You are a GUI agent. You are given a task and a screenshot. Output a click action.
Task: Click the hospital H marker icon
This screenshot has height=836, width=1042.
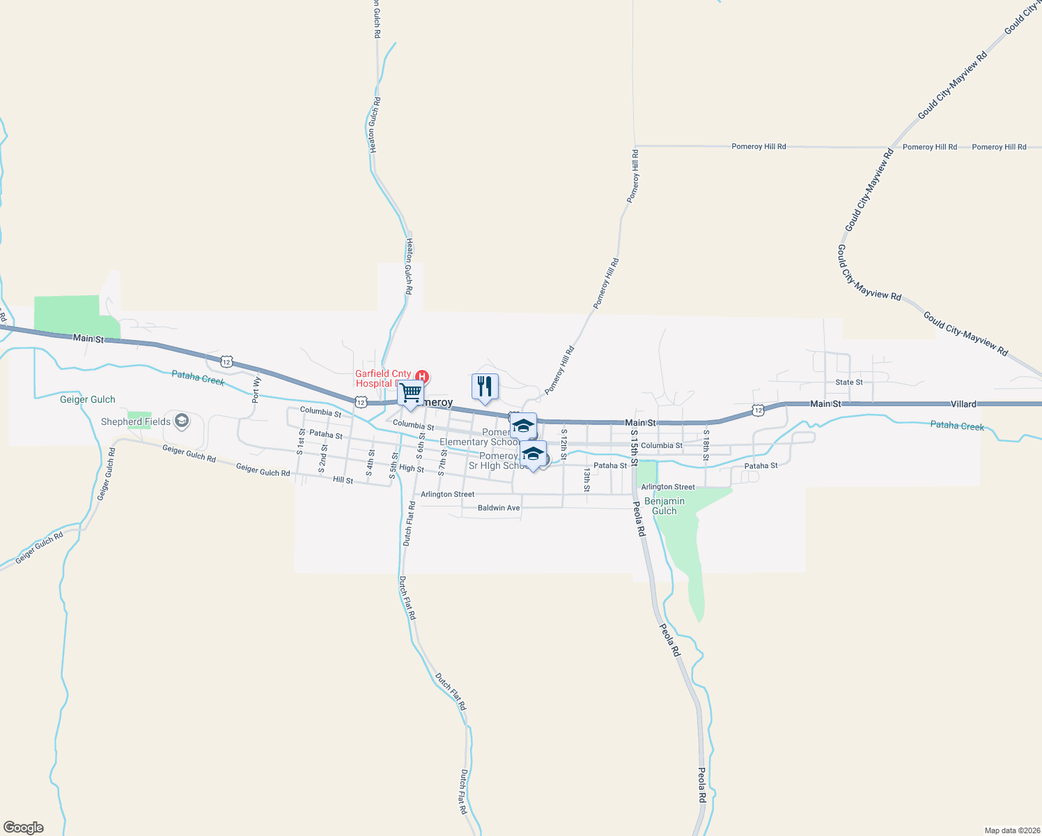(x=421, y=377)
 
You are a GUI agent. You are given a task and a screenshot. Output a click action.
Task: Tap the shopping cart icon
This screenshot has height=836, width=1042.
(x=411, y=394)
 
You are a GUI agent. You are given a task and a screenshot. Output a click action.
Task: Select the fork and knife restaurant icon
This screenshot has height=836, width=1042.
(x=485, y=387)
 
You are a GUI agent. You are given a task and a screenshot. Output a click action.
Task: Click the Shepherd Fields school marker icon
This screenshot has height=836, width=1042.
(x=182, y=421)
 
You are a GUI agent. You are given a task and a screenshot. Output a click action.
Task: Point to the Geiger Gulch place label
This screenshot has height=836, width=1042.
(x=88, y=399)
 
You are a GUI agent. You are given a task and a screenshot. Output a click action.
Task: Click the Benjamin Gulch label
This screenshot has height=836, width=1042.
(x=664, y=506)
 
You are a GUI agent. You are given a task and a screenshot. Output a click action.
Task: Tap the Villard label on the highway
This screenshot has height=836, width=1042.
(x=963, y=404)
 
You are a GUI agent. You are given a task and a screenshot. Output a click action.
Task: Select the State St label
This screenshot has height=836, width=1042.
(x=848, y=382)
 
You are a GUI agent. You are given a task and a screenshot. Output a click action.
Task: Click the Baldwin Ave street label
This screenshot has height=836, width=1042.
(x=499, y=508)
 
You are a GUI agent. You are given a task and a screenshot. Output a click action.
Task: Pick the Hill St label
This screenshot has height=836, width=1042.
(x=343, y=480)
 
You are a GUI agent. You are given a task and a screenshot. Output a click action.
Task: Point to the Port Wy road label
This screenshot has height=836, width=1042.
(x=256, y=390)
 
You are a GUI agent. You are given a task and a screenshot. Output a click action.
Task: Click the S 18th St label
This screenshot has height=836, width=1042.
(x=706, y=445)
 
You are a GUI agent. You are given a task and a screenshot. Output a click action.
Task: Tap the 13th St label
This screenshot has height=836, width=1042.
(x=586, y=479)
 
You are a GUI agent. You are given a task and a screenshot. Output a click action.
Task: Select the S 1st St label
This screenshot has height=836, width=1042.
(x=301, y=442)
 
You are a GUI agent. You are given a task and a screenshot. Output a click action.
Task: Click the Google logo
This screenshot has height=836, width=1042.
(x=24, y=828)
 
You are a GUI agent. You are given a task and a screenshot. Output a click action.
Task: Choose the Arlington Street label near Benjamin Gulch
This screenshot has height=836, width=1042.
(x=667, y=487)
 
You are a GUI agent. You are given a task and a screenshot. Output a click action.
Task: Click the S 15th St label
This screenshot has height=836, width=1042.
(x=634, y=448)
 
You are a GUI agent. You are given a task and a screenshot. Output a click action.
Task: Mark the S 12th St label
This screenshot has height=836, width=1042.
(x=563, y=444)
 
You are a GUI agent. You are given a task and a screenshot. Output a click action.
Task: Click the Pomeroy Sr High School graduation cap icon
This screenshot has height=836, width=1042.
(x=533, y=454)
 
